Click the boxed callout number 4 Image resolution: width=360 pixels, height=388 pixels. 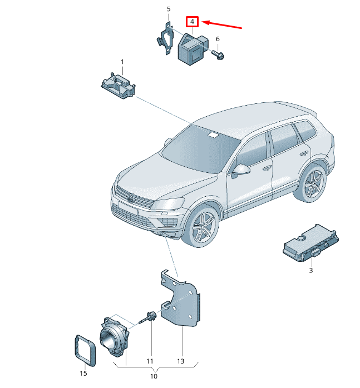click(191, 22)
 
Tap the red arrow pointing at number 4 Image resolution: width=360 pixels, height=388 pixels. click(223, 24)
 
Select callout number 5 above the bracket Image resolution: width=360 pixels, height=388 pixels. click(169, 9)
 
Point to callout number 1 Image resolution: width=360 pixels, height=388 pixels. click(122, 61)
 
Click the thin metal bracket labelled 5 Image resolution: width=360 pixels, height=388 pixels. click(165, 40)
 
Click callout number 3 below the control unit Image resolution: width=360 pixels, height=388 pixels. click(311, 271)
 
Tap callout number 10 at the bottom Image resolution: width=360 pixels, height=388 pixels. click(154, 376)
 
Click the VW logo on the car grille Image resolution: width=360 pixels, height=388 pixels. click(131, 198)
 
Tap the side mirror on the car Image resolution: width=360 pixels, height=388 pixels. click(242, 169)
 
